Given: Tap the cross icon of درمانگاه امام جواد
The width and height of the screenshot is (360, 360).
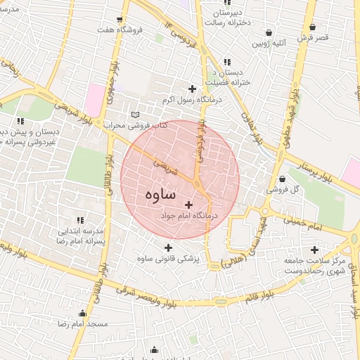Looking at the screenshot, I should (188, 204).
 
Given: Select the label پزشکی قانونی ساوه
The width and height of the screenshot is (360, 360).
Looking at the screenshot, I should (169, 259).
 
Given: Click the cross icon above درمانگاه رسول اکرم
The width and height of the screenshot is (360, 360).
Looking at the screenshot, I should (193, 88).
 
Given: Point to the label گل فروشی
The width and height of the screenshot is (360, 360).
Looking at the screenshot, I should (281, 190).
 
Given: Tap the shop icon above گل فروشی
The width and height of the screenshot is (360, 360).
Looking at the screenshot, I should (282, 179).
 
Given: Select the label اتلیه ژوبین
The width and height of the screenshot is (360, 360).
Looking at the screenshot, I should (269, 43).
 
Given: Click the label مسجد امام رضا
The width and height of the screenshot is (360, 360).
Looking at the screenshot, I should (83, 324).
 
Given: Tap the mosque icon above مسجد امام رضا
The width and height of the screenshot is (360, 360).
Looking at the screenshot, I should (83, 314).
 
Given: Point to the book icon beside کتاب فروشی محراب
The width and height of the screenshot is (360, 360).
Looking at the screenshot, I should (136, 115).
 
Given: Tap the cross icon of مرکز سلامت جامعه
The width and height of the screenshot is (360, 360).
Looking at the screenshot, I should (314, 250).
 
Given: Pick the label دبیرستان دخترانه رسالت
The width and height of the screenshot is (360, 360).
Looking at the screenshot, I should (226, 18).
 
